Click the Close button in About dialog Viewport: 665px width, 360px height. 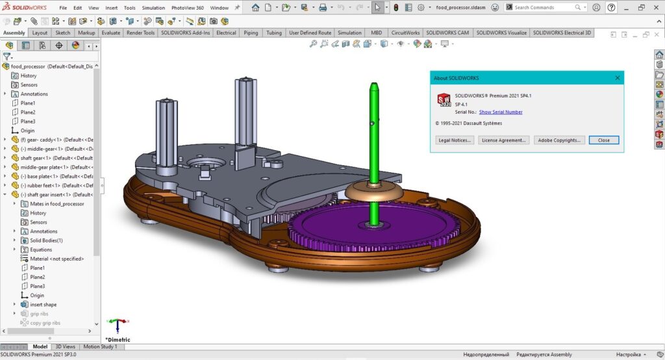coord(604,140)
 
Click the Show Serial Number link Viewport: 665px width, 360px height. coord(500,112)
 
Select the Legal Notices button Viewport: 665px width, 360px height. coord(455,140)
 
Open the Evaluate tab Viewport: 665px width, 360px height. coord(110,32)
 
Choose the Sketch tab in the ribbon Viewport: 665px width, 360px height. coord(63,32)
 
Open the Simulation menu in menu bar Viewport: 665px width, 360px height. coord(153,8)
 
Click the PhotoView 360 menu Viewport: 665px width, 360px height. coord(187,8)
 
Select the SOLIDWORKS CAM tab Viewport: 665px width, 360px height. coord(448,32)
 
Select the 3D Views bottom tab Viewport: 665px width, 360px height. coord(65,346)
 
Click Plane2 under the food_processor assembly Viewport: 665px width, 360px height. coord(28,112)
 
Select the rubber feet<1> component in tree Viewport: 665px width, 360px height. coord(55,185)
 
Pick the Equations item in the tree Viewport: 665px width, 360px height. coord(41,250)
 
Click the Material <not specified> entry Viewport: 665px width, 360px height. coord(56,259)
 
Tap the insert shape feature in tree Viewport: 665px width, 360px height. coord(43,304)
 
